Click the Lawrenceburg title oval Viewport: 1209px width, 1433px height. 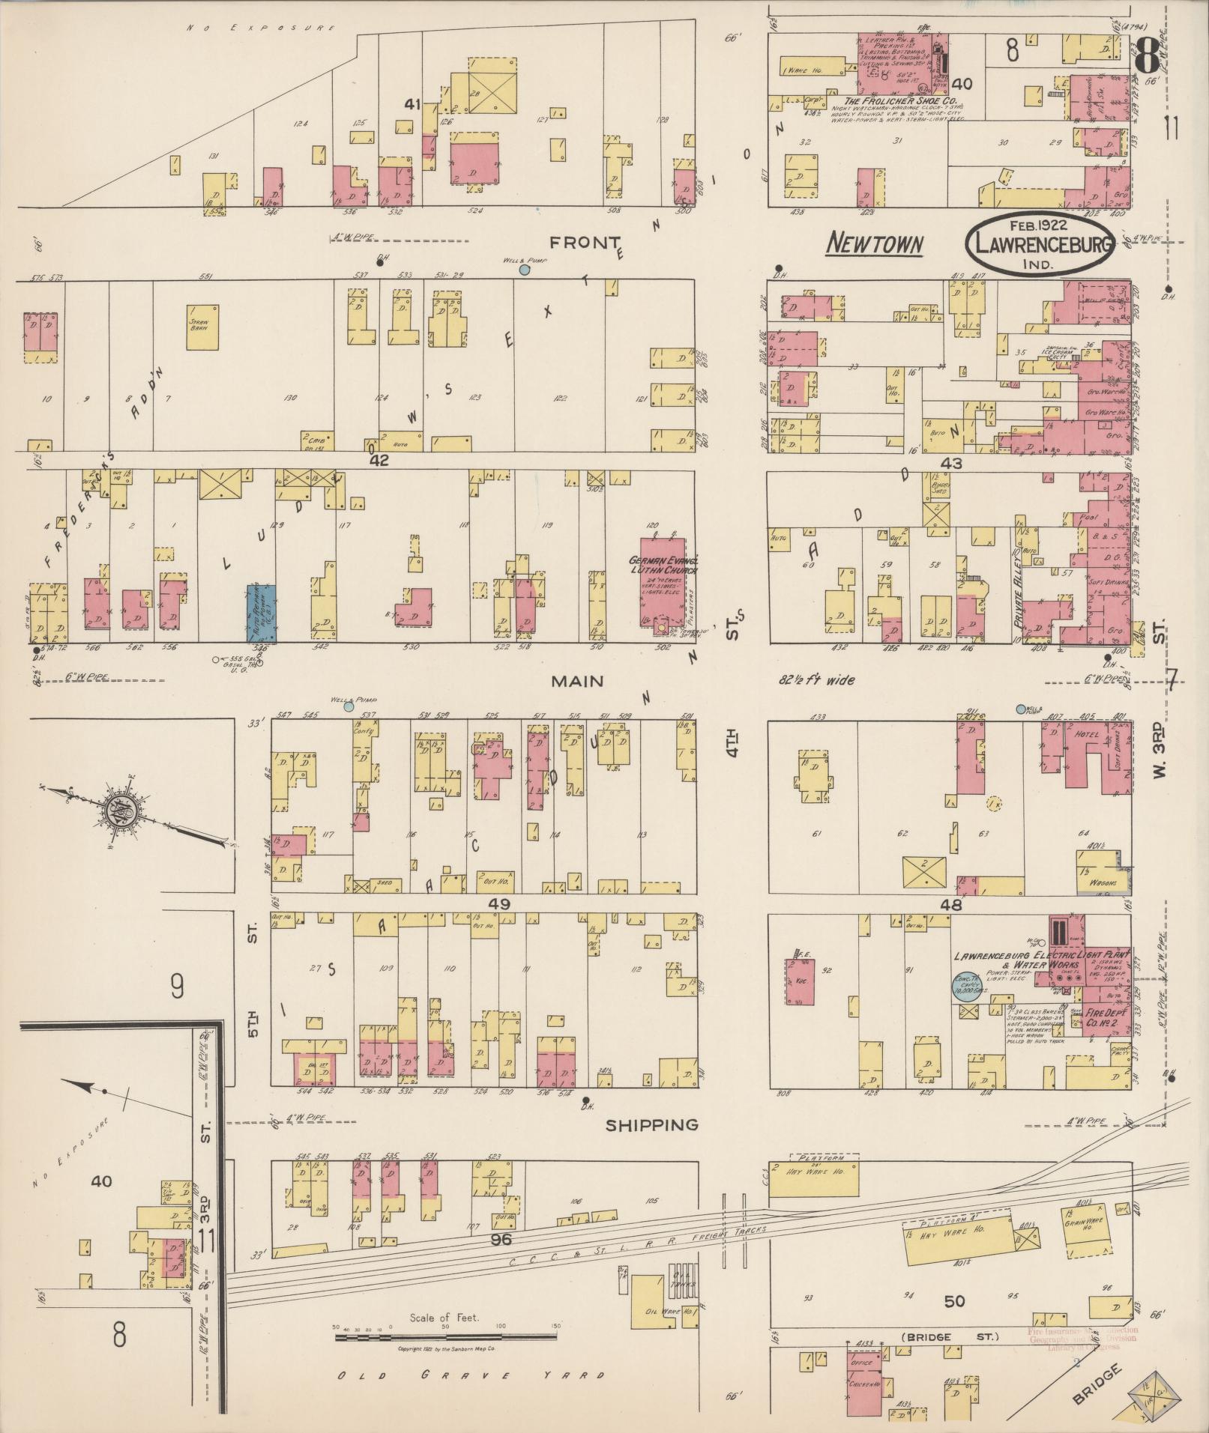(x=1039, y=245)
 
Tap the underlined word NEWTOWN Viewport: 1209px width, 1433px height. (x=875, y=243)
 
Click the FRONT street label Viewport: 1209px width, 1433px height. (x=585, y=242)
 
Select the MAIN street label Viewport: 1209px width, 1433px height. (x=577, y=681)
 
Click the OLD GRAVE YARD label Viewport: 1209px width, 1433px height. (x=470, y=1375)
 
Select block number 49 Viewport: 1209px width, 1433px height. (x=498, y=904)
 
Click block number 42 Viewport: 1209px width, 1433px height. (x=379, y=461)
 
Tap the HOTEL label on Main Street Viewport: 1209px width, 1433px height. (x=1085, y=735)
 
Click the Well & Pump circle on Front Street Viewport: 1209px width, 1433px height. (x=525, y=269)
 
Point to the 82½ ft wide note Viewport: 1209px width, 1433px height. (x=815, y=680)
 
